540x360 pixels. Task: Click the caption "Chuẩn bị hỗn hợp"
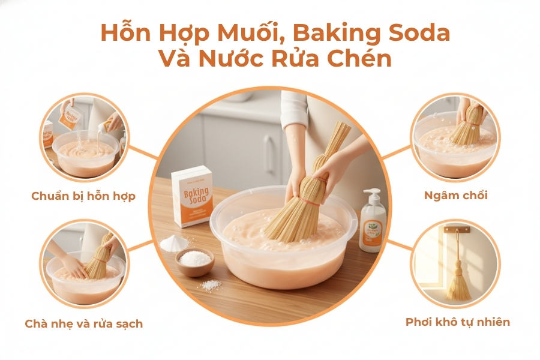pos(83,196)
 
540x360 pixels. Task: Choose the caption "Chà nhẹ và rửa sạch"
pos(83,324)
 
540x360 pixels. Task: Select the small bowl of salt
pos(194,262)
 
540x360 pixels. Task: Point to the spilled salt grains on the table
pos(211,286)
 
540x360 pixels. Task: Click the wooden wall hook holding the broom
pos(458,229)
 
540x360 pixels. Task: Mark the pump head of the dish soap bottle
pos(371,194)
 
